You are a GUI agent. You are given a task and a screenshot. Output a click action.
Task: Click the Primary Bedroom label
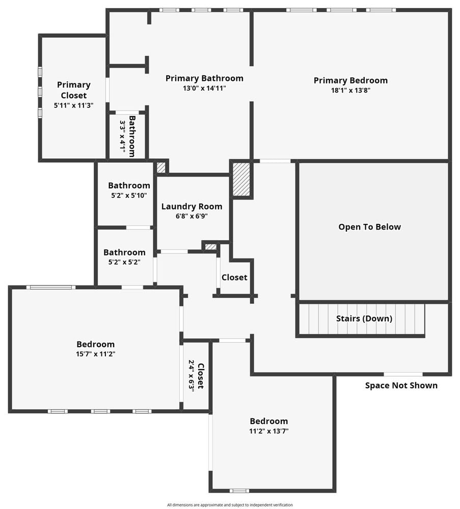(x=350, y=80)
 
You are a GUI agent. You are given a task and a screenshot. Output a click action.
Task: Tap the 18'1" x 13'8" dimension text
(x=350, y=90)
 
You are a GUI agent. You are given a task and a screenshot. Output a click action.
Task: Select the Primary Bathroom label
(x=204, y=78)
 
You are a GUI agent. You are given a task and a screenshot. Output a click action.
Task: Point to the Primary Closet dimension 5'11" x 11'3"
(x=74, y=105)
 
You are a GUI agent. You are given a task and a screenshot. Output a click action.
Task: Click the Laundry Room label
(x=192, y=207)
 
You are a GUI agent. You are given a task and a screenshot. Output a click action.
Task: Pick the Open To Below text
(x=370, y=227)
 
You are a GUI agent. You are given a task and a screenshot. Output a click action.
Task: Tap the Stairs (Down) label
(x=364, y=319)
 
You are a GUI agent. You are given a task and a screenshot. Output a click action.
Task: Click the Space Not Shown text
(x=401, y=385)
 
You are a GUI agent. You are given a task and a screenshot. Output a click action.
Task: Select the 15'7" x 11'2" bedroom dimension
(x=96, y=354)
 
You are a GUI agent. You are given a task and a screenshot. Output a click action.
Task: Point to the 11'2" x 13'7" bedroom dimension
(x=269, y=431)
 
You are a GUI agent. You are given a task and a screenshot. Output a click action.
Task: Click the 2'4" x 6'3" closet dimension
(x=192, y=376)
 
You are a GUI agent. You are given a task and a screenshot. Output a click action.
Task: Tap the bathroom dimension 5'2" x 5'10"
(x=129, y=195)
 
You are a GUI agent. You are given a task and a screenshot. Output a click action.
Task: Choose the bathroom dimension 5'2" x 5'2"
(x=124, y=262)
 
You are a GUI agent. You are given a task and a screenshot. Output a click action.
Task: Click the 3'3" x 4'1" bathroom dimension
(x=122, y=136)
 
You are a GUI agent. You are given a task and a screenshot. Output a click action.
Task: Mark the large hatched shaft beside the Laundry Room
(x=241, y=179)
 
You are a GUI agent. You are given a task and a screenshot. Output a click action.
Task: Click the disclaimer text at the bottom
(x=230, y=505)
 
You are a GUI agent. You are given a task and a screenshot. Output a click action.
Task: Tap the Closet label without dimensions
(x=234, y=277)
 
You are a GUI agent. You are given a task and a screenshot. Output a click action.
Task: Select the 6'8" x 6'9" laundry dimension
(x=192, y=216)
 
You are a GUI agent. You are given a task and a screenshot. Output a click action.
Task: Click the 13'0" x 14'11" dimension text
(x=204, y=88)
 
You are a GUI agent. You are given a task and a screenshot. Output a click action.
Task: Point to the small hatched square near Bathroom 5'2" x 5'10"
(x=161, y=167)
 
